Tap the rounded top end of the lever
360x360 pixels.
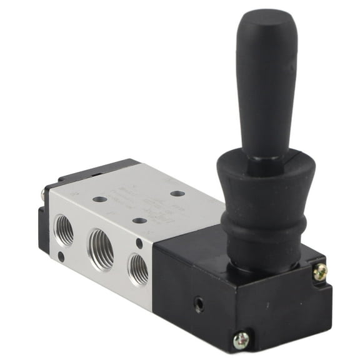point(262,19)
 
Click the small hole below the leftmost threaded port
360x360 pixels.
point(61,256)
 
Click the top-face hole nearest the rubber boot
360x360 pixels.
point(177,194)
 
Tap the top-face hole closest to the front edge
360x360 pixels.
point(140,220)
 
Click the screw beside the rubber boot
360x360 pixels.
point(320,271)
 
